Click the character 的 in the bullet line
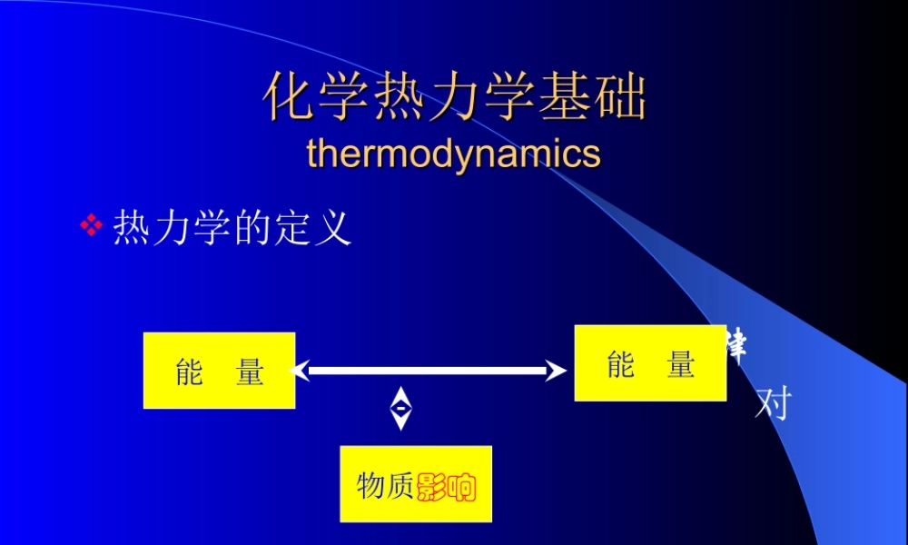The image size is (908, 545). [249, 228]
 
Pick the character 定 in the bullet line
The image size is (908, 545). [291, 228]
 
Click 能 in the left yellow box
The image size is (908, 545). [189, 372]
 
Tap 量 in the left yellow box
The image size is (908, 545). [250, 372]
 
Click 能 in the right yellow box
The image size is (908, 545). [620, 364]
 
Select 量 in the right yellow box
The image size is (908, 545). [681, 364]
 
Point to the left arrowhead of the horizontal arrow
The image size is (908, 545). [299, 371]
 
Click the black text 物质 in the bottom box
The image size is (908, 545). [386, 487]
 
